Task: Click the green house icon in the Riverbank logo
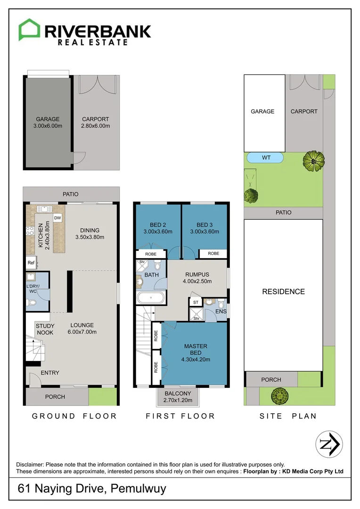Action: coord(29,29)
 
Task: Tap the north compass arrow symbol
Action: coord(329,444)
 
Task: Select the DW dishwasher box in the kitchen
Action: coord(57,218)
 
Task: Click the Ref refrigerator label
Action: coord(31,263)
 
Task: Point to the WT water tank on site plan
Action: coord(265,158)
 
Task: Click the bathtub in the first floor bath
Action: coord(151,297)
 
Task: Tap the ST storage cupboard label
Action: coord(196,302)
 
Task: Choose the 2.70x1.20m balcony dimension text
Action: coord(178,400)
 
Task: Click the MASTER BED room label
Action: coord(196,349)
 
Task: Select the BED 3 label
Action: coord(205,225)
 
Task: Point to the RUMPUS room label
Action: coord(197,274)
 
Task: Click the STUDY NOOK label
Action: coord(45,329)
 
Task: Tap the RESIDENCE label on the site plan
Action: coord(283,292)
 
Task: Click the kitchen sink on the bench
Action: coord(44,209)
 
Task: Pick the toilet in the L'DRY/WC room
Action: coord(32,303)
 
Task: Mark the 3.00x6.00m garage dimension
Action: coord(48,126)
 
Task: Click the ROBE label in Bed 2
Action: coord(151,254)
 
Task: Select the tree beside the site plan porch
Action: coord(279,396)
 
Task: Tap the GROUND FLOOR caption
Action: coord(74,416)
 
